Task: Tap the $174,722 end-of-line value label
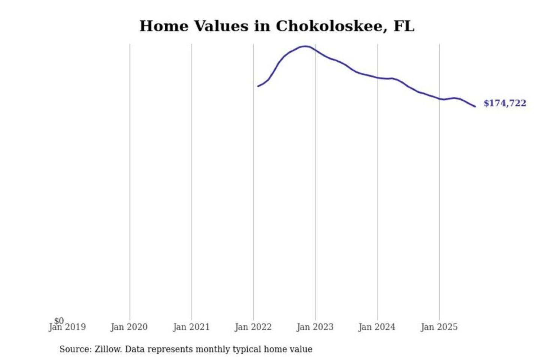click(x=505, y=103)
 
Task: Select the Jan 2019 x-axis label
click(x=67, y=327)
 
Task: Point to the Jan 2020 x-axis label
click(x=129, y=327)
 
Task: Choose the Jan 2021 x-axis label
click(x=191, y=327)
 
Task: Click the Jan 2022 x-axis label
click(x=253, y=327)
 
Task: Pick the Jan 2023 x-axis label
click(x=315, y=327)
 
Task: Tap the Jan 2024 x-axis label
click(x=377, y=327)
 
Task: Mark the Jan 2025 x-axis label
click(x=439, y=327)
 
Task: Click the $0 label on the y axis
click(x=59, y=321)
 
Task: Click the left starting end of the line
click(x=258, y=86)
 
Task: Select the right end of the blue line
click(x=475, y=106)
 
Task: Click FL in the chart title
click(x=404, y=26)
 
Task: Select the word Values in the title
click(x=221, y=26)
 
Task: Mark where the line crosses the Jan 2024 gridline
click(x=378, y=78)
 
